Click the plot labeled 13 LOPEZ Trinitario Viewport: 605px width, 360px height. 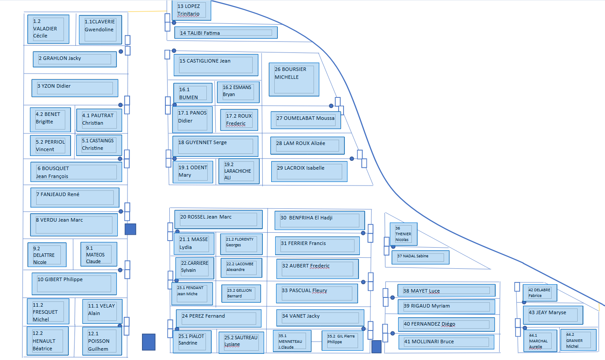tap(191, 10)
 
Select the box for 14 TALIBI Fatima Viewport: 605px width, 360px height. tap(228, 33)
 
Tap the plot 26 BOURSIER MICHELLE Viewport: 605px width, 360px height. tap(294, 79)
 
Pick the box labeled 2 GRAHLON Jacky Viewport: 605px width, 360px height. tap(75, 59)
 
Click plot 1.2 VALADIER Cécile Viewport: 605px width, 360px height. tap(48, 29)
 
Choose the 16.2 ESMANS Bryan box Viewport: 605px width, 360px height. tap(238, 92)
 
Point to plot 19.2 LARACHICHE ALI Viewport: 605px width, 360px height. tap(239, 171)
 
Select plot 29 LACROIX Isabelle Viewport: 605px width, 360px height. tap(309, 171)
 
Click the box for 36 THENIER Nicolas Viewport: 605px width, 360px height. tap(403, 234)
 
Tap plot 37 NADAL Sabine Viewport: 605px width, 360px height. tap(420, 257)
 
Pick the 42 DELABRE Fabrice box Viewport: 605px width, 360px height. tap(540, 292)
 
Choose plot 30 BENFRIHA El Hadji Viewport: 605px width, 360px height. tap(319, 220)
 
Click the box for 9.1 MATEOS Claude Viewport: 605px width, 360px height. tap(99, 254)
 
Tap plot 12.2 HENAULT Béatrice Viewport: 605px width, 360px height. tap(48, 341)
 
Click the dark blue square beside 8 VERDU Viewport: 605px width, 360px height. tap(130, 229)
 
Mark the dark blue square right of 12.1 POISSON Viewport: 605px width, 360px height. tap(149, 342)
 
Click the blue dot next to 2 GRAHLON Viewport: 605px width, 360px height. tap(121, 52)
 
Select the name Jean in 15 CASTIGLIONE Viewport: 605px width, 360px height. tap(225, 61)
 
